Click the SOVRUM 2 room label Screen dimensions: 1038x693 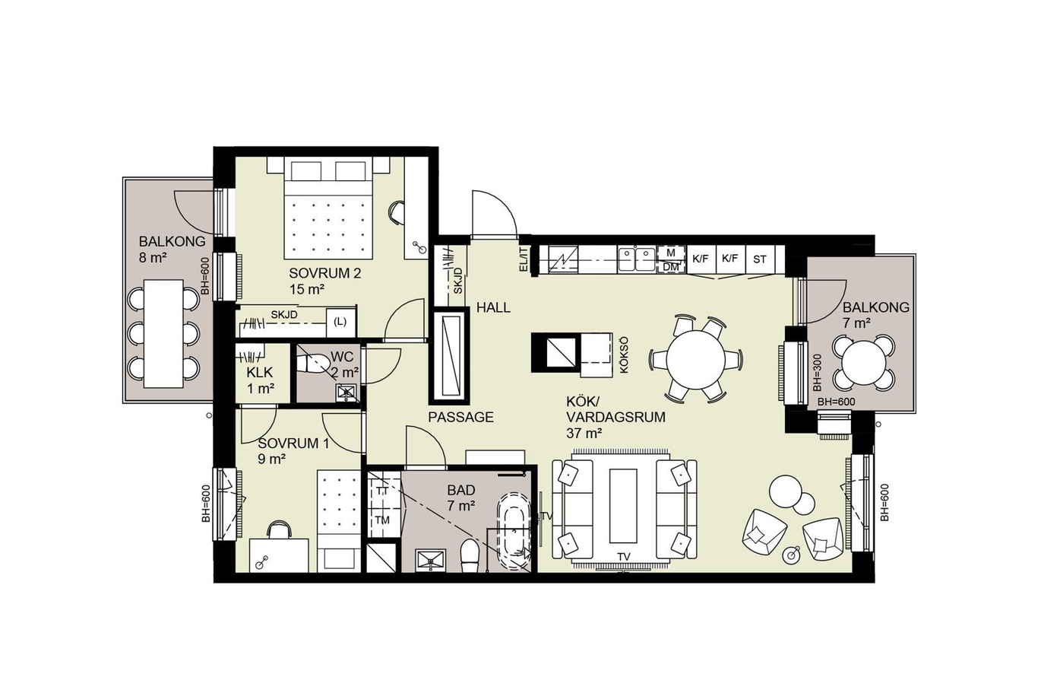(324, 273)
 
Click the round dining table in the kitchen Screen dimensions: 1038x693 (695, 360)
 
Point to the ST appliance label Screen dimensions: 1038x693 (759, 259)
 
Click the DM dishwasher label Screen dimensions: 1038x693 (670, 267)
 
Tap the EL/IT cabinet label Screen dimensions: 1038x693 (524, 259)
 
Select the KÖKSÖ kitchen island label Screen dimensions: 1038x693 (624, 354)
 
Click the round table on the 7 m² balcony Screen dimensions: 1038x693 (863, 362)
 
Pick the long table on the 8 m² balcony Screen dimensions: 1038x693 (163, 333)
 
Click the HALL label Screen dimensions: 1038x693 (493, 307)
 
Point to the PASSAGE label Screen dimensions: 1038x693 (460, 417)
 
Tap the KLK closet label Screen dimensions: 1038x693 (260, 373)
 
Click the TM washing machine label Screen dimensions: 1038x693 (382, 520)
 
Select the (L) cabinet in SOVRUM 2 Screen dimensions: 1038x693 (340, 322)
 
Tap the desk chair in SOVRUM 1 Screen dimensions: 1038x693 (279, 529)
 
